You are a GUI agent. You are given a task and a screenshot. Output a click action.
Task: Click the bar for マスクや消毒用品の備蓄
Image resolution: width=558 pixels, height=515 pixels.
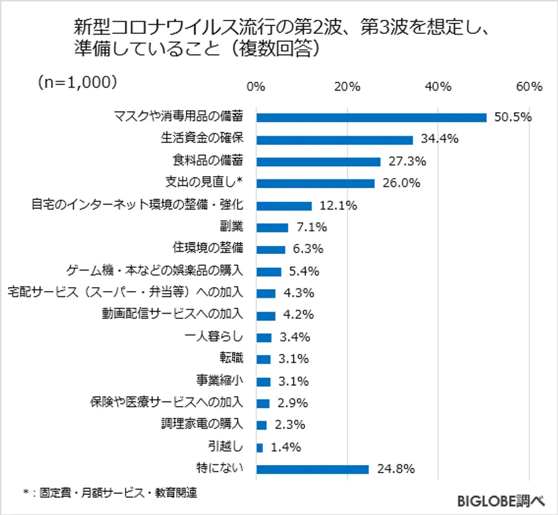click(371, 118)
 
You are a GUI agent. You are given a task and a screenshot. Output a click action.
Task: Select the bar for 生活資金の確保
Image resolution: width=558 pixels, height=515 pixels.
click(335, 140)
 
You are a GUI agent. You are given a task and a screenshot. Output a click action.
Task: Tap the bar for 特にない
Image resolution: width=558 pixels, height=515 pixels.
click(312, 469)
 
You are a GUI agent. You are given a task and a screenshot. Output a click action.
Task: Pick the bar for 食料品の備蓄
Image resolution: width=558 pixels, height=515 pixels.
click(318, 161)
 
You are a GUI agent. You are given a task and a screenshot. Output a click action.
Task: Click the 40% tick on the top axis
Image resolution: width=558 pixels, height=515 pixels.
click(438, 86)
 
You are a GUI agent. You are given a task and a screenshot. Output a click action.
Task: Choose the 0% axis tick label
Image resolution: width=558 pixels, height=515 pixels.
click(256, 86)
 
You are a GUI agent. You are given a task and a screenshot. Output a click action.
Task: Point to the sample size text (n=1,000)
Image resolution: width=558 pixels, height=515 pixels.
click(78, 81)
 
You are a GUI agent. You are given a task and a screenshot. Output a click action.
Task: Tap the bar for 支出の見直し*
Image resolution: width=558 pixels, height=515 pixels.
click(315, 183)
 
